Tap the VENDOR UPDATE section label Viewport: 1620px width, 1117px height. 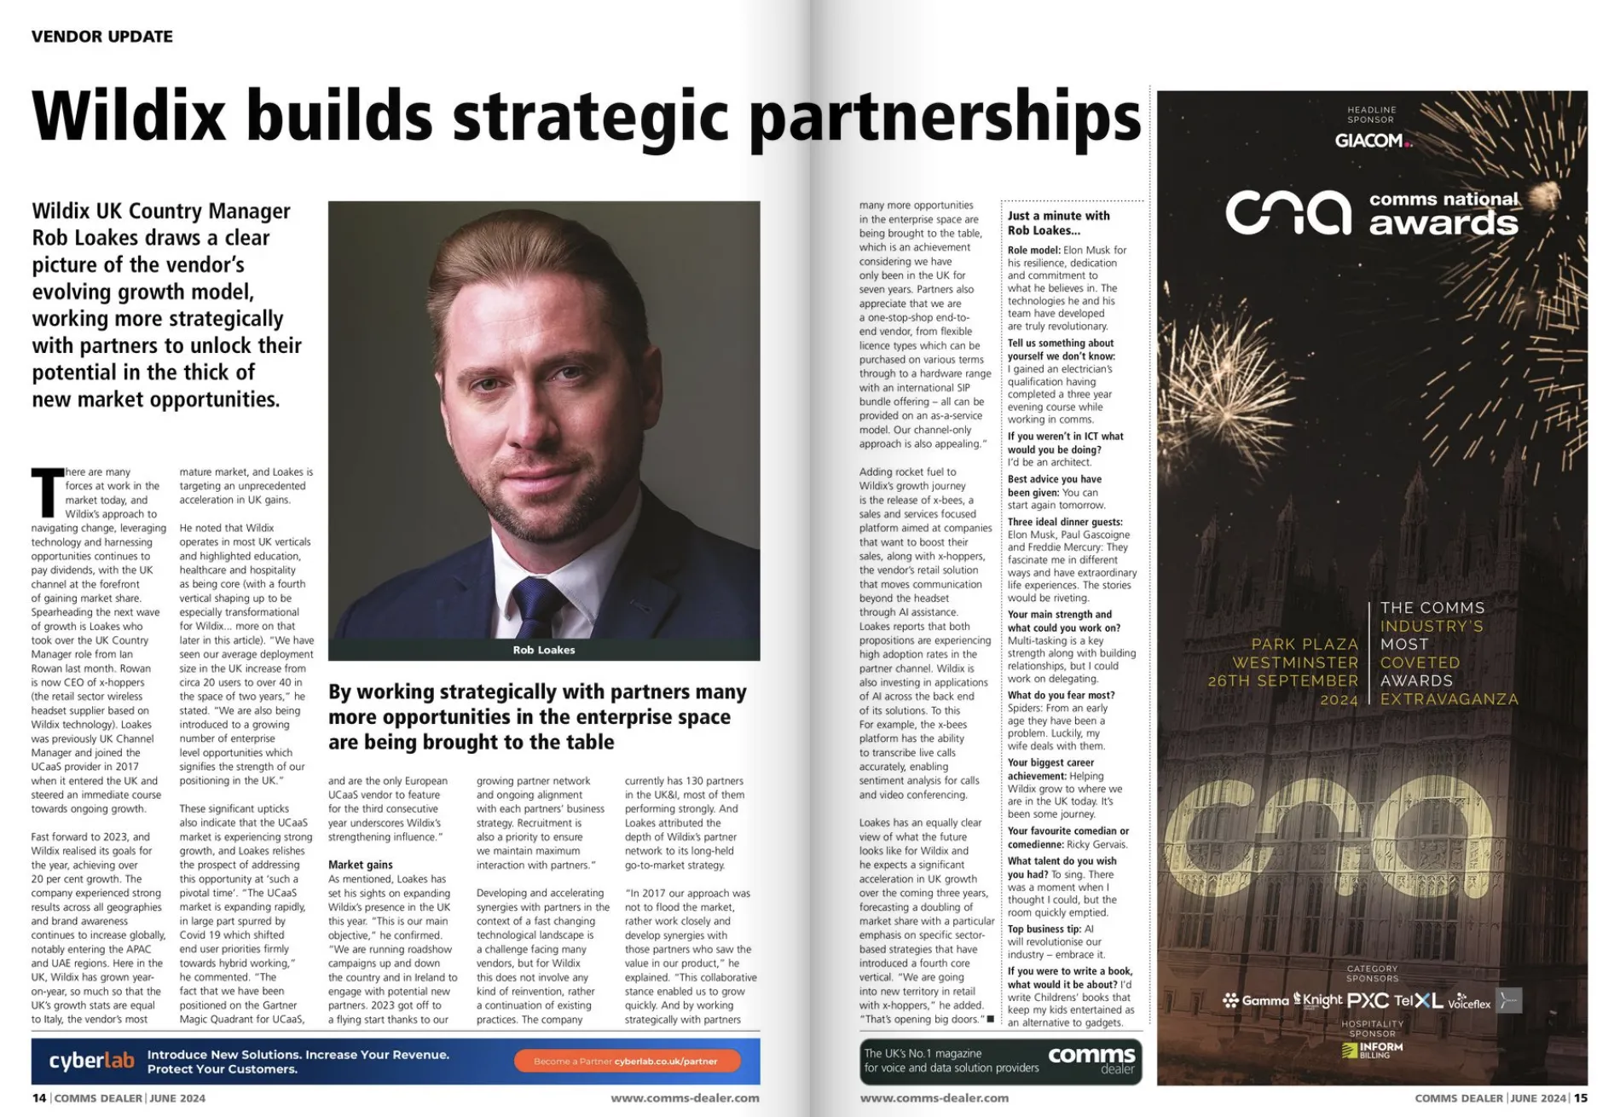click(101, 37)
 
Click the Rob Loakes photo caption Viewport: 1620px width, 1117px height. click(544, 650)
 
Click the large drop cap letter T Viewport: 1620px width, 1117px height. click(47, 493)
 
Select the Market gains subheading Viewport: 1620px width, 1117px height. click(361, 865)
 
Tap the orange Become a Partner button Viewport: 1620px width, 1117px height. click(626, 1062)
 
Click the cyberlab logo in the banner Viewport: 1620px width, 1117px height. click(91, 1061)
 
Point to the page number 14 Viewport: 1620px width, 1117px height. click(39, 1098)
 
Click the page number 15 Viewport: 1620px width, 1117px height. click(1580, 1098)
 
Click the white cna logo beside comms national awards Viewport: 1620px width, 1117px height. click(1288, 212)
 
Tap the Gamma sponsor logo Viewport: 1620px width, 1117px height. click(1256, 1000)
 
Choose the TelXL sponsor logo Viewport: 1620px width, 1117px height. click(1418, 1000)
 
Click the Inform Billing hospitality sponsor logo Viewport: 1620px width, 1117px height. click(1372, 1050)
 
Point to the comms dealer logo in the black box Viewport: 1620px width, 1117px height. click(1091, 1060)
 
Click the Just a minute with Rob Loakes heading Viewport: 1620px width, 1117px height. click(1058, 223)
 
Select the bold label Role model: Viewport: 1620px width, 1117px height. click(1034, 251)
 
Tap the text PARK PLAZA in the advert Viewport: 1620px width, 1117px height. click(1305, 644)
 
